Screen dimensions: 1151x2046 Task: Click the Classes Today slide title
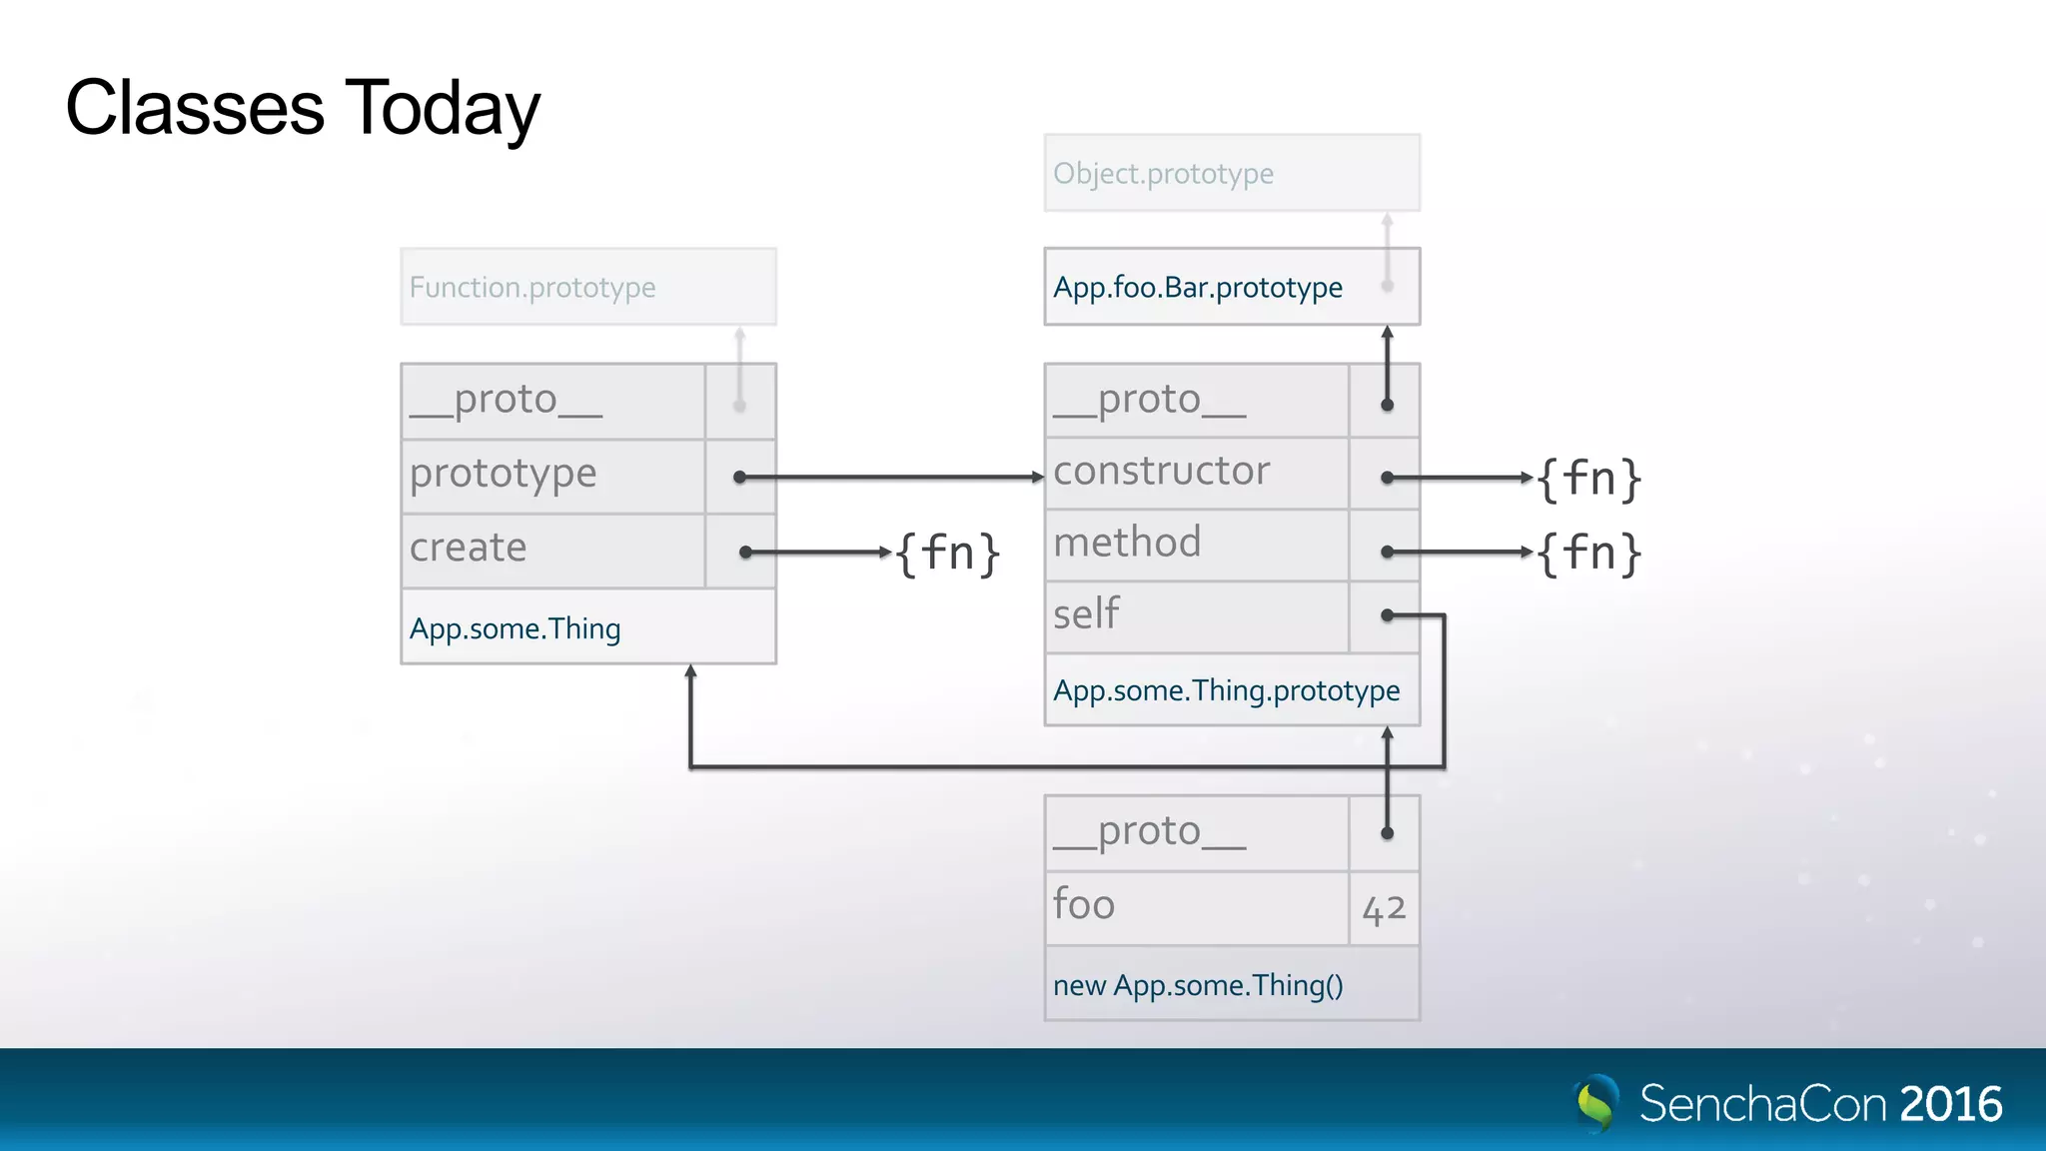tap(303, 108)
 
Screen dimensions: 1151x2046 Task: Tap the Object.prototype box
tap(1231, 173)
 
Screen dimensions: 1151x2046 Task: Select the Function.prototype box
tap(587, 287)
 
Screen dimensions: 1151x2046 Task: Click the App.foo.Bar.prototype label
tap(1197, 288)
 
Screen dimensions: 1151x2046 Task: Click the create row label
tap(468, 548)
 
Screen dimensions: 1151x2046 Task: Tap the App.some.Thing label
tap(515, 628)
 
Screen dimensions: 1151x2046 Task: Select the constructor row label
tap(1161, 471)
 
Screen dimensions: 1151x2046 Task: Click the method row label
tap(1127, 543)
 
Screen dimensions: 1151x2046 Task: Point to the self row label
tap(1087, 613)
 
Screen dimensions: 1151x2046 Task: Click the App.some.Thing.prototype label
tap(1226, 690)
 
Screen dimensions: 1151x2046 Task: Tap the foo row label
tap(1084, 904)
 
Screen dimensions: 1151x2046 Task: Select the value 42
tap(1384, 909)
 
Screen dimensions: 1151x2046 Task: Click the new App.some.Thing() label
tap(1197, 985)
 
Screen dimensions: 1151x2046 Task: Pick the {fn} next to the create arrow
tap(947, 553)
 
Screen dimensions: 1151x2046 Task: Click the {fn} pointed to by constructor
tap(1588, 479)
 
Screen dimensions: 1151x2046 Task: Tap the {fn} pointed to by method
tap(1588, 553)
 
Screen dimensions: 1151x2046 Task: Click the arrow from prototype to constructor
tap(889, 478)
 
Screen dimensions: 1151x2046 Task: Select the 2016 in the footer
tap(1950, 1104)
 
